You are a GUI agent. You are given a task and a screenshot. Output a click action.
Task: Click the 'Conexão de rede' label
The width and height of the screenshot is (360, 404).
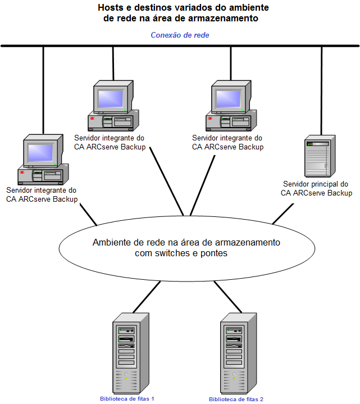[180, 35]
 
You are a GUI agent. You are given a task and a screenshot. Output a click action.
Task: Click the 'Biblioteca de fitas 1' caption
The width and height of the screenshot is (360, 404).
[127, 398]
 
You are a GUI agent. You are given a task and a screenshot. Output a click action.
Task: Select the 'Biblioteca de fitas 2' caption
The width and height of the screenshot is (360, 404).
[236, 399]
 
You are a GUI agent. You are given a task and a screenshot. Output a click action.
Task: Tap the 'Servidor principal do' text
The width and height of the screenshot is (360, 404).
[316, 184]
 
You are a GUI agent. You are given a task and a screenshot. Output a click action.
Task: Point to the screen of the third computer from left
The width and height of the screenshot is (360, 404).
[229, 99]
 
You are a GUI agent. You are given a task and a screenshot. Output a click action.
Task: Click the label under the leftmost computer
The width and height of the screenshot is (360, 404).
[41, 195]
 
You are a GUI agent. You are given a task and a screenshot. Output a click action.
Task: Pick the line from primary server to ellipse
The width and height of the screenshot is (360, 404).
[284, 213]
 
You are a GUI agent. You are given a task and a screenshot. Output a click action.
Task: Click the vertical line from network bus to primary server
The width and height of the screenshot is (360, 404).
[321, 90]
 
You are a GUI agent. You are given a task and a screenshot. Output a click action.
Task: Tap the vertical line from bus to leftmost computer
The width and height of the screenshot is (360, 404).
[43, 90]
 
